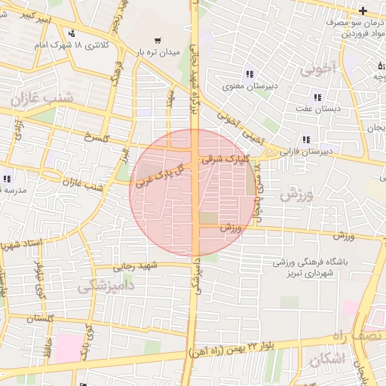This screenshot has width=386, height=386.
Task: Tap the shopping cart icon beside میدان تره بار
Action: [x=157, y=41]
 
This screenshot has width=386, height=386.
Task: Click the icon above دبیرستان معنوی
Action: [x=250, y=74]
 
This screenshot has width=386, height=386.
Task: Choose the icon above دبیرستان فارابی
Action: [x=306, y=139]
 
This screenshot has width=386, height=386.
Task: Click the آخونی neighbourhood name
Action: [x=318, y=71]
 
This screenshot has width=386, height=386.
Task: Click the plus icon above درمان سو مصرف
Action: [x=363, y=10]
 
